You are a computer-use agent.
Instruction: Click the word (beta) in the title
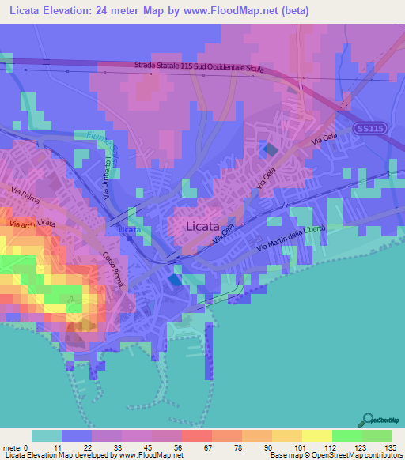click(291, 10)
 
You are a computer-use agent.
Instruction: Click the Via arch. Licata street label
click(33, 224)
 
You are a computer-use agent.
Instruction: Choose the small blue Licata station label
click(129, 230)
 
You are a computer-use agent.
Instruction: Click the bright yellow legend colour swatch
click(317, 435)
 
